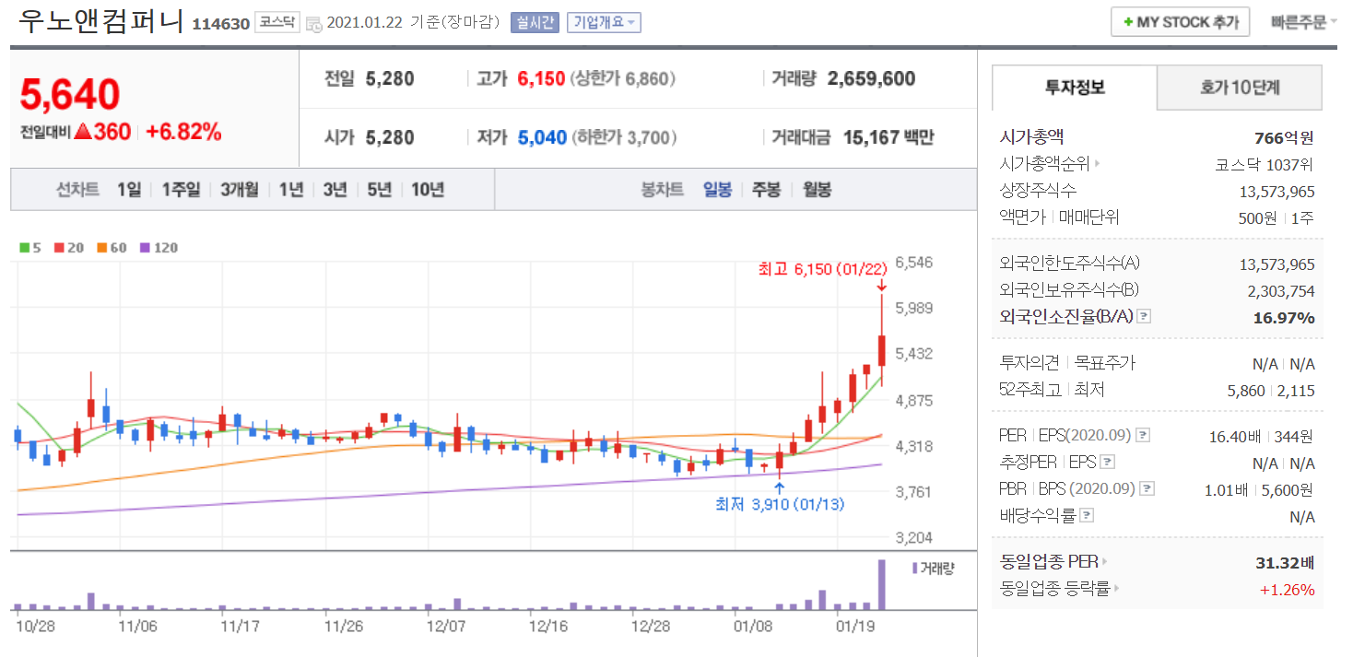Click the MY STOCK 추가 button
pyautogui.click(x=1180, y=22)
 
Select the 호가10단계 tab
pyautogui.click(x=1239, y=88)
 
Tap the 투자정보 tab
pyautogui.click(x=1074, y=88)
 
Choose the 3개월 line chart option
pyautogui.click(x=239, y=190)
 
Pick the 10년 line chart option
pyautogui.click(x=428, y=190)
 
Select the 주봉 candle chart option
pyautogui.click(x=766, y=190)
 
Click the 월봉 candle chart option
pyautogui.click(x=817, y=190)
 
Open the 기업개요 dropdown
pyautogui.click(x=604, y=22)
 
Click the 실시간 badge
pyautogui.click(x=535, y=22)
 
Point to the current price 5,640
pyautogui.click(x=70, y=94)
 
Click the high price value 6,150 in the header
pyautogui.click(x=541, y=79)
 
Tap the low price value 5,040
pyautogui.click(x=542, y=138)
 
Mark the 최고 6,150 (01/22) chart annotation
pyautogui.click(x=821, y=269)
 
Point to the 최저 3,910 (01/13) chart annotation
pyautogui.click(x=780, y=504)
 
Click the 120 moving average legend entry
pyautogui.click(x=159, y=248)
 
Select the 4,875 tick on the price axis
pyautogui.click(x=914, y=400)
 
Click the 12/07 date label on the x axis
pyautogui.click(x=445, y=627)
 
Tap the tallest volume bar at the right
pyautogui.click(x=881, y=583)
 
